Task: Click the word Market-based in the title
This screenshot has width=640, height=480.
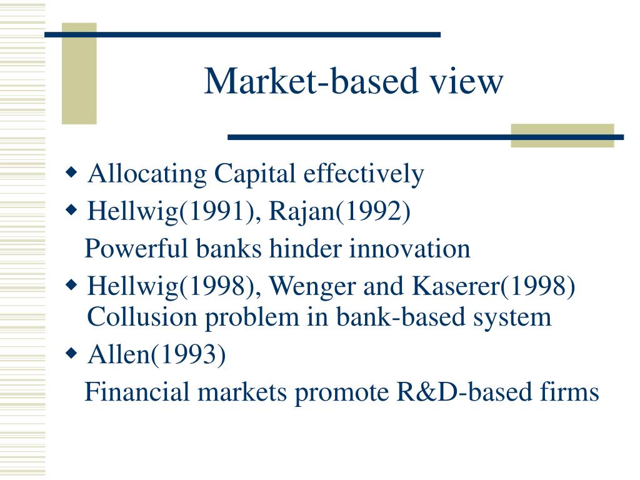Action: pyautogui.click(x=311, y=81)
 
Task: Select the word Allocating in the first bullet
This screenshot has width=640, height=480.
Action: pyautogui.click(x=147, y=174)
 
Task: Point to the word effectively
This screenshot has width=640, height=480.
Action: pyautogui.click(x=364, y=174)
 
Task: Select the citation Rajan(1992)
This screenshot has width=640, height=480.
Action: pyautogui.click(x=339, y=211)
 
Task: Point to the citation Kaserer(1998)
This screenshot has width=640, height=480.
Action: pyautogui.click(x=494, y=286)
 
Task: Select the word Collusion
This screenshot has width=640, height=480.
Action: pyautogui.click(x=142, y=317)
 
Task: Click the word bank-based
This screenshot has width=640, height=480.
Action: pyautogui.click(x=401, y=317)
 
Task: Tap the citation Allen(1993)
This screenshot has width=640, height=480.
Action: pyautogui.click(x=157, y=354)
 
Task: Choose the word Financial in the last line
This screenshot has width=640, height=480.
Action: pyautogui.click(x=137, y=392)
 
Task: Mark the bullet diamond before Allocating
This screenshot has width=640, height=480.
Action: pyautogui.click(x=71, y=172)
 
